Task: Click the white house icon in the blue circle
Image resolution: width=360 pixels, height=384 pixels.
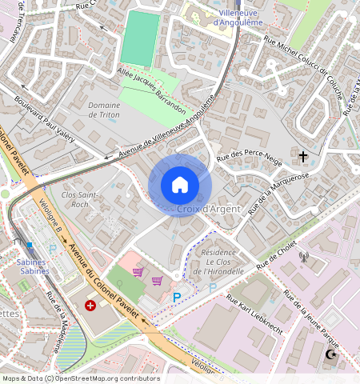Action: point(180,185)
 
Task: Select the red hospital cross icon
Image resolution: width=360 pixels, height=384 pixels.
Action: point(90,305)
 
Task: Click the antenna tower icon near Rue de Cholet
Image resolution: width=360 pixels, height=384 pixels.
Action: point(303,257)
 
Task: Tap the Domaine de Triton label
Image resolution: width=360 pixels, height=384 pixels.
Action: point(104,110)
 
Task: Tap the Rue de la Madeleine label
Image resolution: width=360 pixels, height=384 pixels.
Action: point(54,322)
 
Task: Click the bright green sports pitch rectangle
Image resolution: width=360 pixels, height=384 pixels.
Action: point(139,38)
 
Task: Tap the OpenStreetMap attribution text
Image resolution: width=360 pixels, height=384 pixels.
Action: point(80,378)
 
